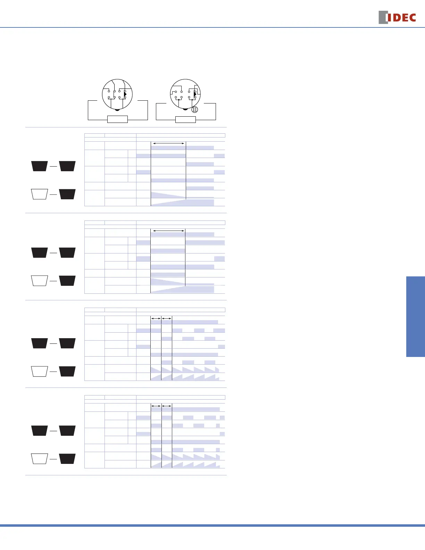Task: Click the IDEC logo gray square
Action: [x=383, y=17]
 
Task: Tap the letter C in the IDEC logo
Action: [x=412, y=18]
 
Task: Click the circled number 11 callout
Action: [x=195, y=109]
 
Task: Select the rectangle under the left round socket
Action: [x=118, y=119]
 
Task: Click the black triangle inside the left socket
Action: [x=125, y=94]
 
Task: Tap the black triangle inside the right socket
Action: [x=195, y=94]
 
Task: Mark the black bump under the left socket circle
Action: [x=117, y=110]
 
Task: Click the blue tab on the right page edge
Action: [x=416, y=316]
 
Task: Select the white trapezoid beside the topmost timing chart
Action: [x=39, y=194]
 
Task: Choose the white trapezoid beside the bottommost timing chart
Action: [x=39, y=459]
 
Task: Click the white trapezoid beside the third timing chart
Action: [x=39, y=371]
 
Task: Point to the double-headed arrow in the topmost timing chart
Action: [x=168, y=143]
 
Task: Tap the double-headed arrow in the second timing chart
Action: [x=168, y=231]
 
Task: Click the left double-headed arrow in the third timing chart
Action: [x=156, y=318]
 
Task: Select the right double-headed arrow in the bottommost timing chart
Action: [x=167, y=406]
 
